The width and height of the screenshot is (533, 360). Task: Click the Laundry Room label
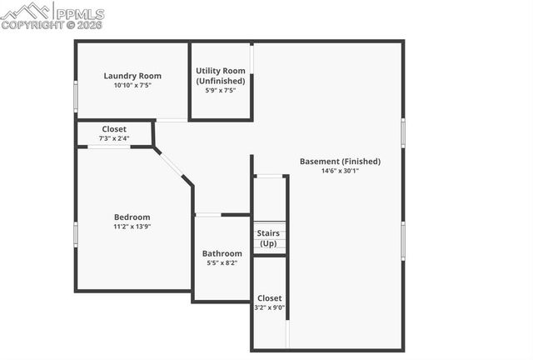pyautogui.click(x=132, y=75)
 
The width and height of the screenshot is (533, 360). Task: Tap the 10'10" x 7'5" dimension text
pyautogui.click(x=132, y=85)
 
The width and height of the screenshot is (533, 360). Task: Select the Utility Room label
pyautogui.click(x=221, y=71)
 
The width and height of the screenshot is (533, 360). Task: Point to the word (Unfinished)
pyautogui.click(x=221, y=81)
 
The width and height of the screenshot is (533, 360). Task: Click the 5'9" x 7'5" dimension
pyautogui.click(x=221, y=90)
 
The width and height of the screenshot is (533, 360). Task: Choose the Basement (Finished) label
pyautogui.click(x=340, y=161)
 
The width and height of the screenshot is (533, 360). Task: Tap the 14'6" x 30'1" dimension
pyautogui.click(x=340, y=171)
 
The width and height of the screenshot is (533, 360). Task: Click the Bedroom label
pyautogui.click(x=132, y=217)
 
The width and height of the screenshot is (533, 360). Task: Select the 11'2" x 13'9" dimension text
pyautogui.click(x=132, y=226)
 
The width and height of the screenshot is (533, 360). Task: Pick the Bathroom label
pyautogui.click(x=222, y=253)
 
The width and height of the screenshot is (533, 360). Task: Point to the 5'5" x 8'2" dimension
pyautogui.click(x=222, y=263)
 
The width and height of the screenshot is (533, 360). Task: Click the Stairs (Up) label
pyautogui.click(x=268, y=238)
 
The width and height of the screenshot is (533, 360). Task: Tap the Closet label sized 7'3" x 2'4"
pyautogui.click(x=114, y=129)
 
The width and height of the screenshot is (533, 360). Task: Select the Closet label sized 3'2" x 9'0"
pyautogui.click(x=269, y=297)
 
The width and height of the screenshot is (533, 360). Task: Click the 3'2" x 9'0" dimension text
pyautogui.click(x=269, y=307)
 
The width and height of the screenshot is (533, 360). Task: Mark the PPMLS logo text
pyautogui.click(x=80, y=13)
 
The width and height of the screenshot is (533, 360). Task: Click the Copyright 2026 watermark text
pyautogui.click(x=52, y=25)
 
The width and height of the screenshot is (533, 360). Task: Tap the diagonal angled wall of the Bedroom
pyautogui.click(x=172, y=164)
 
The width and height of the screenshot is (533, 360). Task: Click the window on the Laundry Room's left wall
pyautogui.click(x=76, y=96)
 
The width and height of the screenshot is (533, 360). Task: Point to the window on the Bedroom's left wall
pyautogui.click(x=76, y=233)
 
